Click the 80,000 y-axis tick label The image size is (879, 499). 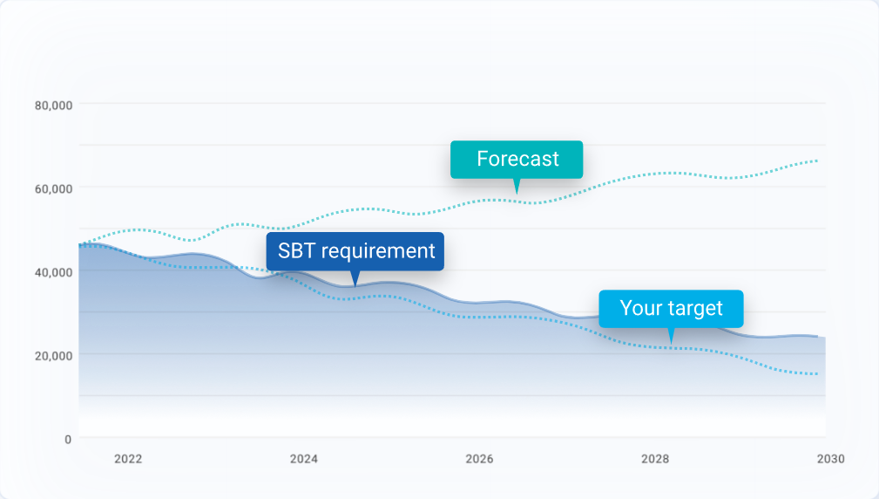click(x=53, y=105)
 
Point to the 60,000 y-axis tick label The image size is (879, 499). click(x=53, y=188)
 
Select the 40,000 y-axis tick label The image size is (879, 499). click(x=53, y=271)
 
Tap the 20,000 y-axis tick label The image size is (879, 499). click(x=53, y=355)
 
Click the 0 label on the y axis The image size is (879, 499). click(x=68, y=439)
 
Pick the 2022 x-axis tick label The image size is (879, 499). click(x=128, y=459)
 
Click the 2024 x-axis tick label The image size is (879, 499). click(x=303, y=459)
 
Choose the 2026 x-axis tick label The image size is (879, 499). click(x=479, y=459)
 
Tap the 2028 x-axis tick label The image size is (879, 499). click(x=655, y=459)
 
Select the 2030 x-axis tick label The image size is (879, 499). click(x=830, y=459)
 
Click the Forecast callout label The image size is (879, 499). click(x=517, y=160)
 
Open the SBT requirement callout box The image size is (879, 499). click(x=355, y=251)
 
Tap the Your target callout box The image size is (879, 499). click(x=671, y=308)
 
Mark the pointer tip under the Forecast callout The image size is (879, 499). click(x=517, y=192)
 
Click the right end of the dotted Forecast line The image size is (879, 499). click(x=817, y=161)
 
